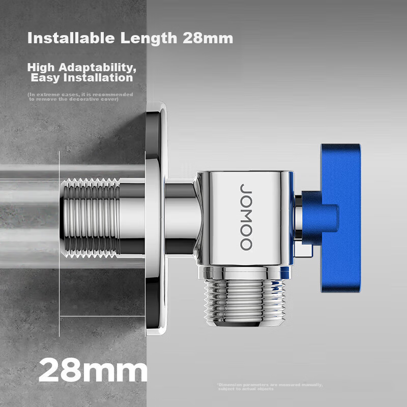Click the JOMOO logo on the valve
[x=246, y=216]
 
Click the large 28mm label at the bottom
[x=93, y=370]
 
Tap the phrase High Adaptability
[x=81, y=67]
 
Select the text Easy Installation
[x=81, y=78]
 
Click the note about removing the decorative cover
[x=80, y=97]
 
